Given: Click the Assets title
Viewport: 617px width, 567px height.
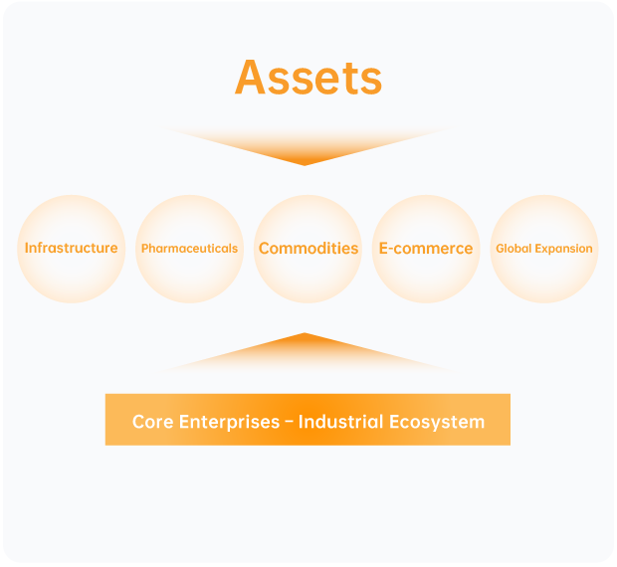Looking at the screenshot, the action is tap(308, 77).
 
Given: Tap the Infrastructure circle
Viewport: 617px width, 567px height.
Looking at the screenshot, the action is tap(72, 249).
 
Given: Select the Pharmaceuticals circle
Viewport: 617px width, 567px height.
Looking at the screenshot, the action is tap(190, 249).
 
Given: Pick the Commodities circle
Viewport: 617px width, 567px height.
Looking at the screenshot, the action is tap(308, 249).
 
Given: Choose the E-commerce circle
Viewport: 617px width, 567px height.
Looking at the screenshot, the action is tap(426, 249).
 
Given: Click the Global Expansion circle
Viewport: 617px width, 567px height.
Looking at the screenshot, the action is tap(544, 249).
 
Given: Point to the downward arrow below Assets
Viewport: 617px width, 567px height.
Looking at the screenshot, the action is tap(305, 146).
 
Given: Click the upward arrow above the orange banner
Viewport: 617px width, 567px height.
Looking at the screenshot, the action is tap(305, 352).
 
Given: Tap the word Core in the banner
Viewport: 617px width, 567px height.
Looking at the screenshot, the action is tap(152, 422).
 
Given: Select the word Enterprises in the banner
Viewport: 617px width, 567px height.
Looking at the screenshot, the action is tap(229, 423).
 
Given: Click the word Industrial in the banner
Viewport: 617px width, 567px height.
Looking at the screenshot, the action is tap(340, 422).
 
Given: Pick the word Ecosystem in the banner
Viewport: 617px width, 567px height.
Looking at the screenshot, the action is tap(437, 423).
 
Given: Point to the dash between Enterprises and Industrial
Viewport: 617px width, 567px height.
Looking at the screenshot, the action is tap(289, 422).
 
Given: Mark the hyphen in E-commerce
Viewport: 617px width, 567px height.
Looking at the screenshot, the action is tap(390, 250).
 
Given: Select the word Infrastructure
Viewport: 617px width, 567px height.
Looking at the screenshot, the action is tap(72, 248).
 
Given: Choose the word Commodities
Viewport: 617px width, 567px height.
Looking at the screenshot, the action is tap(308, 249).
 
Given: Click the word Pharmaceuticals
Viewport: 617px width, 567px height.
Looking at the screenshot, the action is tap(190, 249).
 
